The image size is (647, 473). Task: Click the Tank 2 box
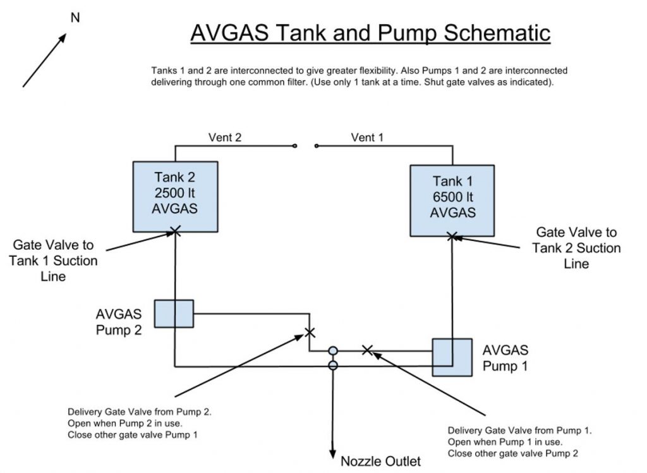175,196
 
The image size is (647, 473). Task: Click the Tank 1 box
452,200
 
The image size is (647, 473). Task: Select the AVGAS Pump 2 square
174,313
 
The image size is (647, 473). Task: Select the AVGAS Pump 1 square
452,358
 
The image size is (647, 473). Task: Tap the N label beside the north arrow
75,18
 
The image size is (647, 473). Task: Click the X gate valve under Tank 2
176,232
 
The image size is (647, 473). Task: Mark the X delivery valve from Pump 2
309,333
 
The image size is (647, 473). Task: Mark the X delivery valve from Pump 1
366,350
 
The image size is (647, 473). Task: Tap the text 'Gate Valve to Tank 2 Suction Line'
576,248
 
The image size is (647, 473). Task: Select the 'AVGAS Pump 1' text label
505,358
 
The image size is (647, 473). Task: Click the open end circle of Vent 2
295,146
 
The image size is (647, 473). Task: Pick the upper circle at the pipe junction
333,350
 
